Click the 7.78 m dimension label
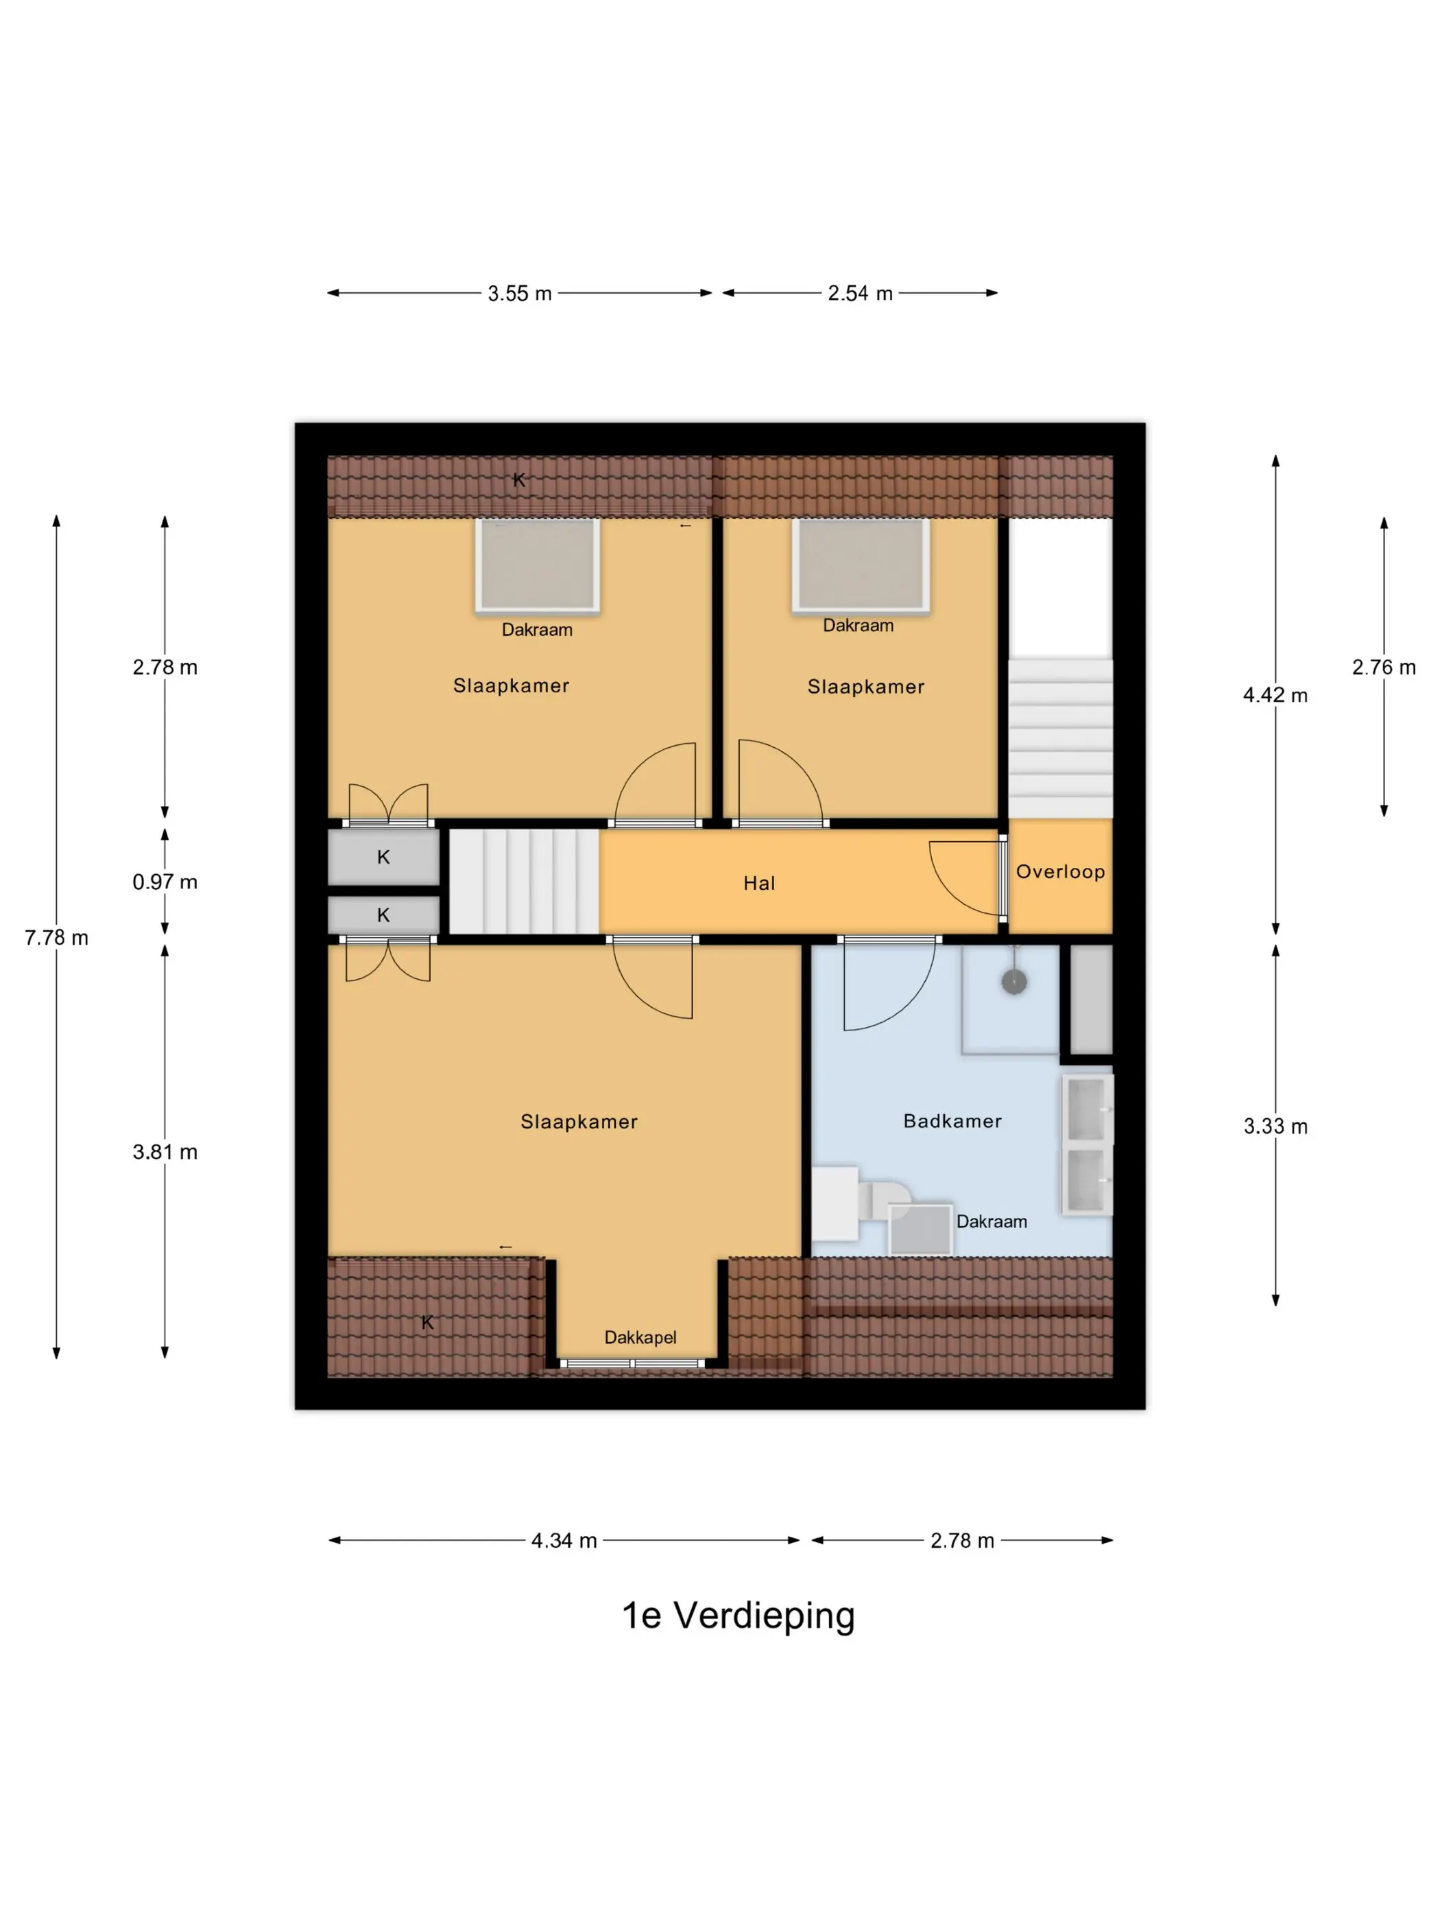pyautogui.click(x=56, y=938)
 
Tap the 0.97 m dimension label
pyautogui.click(x=165, y=882)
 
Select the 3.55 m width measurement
pyautogui.click(x=520, y=294)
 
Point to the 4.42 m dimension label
pyautogui.click(x=1275, y=695)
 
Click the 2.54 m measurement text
pyautogui.click(x=860, y=294)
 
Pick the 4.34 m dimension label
pyautogui.click(x=564, y=1541)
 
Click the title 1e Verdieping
pyautogui.click(x=739, y=1615)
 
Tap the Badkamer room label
pyautogui.click(x=953, y=1121)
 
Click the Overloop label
pyautogui.click(x=1061, y=872)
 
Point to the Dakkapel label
pyautogui.click(x=640, y=1337)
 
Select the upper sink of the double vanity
pyautogui.click(x=1087, y=1110)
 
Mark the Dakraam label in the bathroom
pyautogui.click(x=992, y=1222)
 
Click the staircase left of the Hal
pyautogui.click(x=523, y=882)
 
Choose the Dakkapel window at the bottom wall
pyautogui.click(x=632, y=1363)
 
